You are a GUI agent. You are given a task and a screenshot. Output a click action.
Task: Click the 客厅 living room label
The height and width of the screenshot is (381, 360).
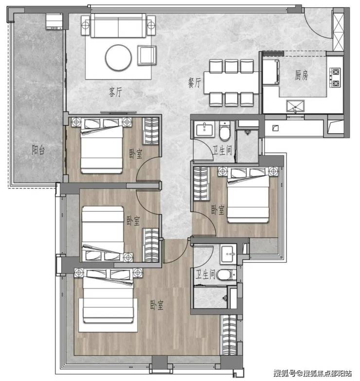115,92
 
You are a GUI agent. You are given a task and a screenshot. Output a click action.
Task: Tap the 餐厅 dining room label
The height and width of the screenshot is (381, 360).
194,83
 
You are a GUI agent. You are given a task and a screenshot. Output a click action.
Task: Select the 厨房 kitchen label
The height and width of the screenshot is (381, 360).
302,75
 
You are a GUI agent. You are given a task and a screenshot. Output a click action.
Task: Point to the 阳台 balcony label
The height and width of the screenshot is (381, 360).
38,150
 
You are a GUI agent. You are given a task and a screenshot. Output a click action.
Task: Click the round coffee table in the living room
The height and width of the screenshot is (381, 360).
118,57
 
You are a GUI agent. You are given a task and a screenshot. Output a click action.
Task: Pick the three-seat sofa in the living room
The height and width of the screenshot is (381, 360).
118,25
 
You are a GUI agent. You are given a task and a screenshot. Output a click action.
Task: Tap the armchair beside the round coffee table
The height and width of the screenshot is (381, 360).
146,55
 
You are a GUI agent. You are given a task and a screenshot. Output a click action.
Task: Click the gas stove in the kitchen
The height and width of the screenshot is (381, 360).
335,77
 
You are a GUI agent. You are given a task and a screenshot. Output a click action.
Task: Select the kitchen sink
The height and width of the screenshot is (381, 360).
295,107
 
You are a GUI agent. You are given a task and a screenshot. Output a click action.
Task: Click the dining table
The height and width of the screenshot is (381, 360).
231,83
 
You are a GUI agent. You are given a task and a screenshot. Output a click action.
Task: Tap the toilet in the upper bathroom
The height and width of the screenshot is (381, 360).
224,131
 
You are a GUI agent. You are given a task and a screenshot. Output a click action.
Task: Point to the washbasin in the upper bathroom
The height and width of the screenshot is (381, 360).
204,129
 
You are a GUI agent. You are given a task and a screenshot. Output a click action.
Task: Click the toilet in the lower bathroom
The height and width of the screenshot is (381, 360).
226,275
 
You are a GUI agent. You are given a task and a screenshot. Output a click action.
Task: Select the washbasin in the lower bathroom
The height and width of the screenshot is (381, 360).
228,254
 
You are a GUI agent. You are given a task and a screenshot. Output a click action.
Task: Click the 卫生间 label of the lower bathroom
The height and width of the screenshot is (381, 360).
205,275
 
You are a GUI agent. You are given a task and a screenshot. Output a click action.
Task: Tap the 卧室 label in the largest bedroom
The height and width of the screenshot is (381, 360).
157,305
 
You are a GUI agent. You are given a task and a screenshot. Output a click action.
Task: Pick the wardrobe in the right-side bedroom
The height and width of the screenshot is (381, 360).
201,184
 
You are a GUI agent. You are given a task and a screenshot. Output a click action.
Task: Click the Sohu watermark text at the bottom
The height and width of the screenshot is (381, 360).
313,373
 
